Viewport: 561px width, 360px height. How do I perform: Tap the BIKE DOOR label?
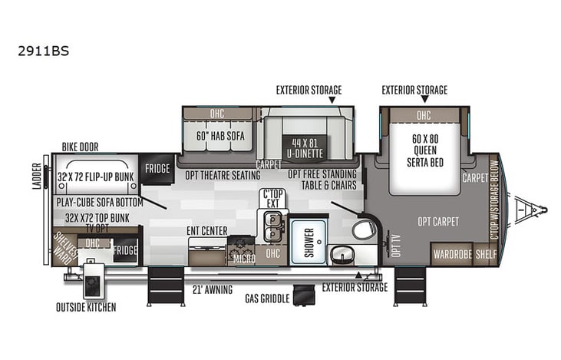pos(80,147)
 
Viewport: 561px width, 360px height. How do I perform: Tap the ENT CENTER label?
pos(207,230)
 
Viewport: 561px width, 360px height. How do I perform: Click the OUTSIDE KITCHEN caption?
pos(85,308)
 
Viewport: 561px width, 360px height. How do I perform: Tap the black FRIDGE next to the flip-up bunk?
pos(157,169)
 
